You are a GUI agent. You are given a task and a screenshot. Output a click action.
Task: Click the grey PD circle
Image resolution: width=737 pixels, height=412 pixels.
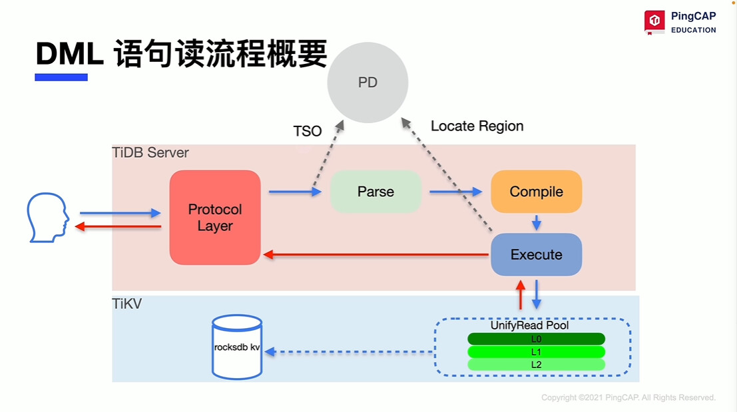[368, 83]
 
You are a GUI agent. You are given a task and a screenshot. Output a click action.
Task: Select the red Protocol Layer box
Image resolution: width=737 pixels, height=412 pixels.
[215, 218]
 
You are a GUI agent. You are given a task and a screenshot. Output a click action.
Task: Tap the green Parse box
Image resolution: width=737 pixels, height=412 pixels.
[375, 192]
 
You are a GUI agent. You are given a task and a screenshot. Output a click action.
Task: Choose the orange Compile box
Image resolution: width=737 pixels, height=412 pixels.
[536, 192]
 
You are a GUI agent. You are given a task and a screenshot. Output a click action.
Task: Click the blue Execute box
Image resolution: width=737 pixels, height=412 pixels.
[536, 254]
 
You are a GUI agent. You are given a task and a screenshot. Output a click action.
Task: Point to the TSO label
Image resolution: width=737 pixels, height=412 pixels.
[308, 131]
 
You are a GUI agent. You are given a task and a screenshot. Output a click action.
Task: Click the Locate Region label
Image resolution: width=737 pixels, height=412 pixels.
[477, 126]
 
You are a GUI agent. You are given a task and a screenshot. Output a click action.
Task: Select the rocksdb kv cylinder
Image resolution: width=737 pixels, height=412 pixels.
[236, 347]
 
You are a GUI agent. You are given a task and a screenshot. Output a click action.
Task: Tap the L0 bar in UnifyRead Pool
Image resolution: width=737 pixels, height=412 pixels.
[536, 339]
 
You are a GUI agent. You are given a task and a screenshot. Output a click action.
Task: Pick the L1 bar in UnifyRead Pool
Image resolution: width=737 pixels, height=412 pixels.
[536, 351]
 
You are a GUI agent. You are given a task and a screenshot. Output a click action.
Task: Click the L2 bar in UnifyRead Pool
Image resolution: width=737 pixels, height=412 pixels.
[536, 364]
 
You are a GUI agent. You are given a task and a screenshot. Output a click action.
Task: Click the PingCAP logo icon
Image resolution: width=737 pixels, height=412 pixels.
[654, 21]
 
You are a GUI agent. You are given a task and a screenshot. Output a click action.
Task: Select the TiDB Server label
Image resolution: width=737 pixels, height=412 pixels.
[150, 152]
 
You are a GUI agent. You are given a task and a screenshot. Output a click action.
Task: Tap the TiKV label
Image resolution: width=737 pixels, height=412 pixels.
[126, 304]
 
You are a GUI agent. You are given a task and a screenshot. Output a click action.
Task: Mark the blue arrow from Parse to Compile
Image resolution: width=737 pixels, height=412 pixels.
[455, 192]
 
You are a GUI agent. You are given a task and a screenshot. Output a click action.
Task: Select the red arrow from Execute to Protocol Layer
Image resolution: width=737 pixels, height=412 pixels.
[376, 254]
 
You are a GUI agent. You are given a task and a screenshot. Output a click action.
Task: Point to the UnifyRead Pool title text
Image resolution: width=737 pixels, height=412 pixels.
[529, 326]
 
